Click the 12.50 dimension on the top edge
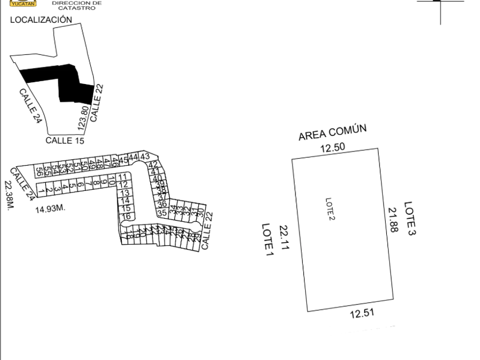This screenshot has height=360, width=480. tap(332, 149)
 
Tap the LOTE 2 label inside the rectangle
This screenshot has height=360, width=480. tap(329, 209)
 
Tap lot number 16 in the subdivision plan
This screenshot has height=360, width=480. tap(127, 217)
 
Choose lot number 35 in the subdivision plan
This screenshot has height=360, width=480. tap(162, 213)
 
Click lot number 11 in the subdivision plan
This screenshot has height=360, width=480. tap(123, 176)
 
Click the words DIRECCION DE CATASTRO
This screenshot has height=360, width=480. tap(69, 5)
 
